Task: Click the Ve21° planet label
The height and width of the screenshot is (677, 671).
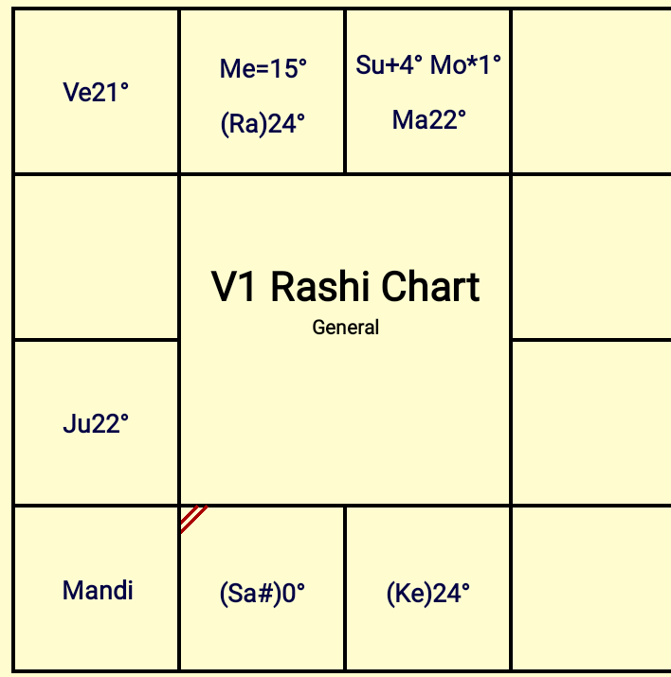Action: [96, 93]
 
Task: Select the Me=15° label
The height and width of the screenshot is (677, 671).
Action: [263, 68]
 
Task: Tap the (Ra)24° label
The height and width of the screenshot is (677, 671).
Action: [263, 124]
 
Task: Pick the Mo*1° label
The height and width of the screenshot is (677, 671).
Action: [465, 65]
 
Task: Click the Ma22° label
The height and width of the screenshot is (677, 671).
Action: [429, 119]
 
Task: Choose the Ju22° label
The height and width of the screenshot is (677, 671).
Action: [96, 423]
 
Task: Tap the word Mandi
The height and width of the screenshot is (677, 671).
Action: [98, 590]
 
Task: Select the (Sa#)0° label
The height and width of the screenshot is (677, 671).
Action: [263, 594]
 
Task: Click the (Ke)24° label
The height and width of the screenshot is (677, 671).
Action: [428, 594]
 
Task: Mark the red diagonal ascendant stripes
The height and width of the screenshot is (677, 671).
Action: [193, 519]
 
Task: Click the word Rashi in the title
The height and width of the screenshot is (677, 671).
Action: [320, 287]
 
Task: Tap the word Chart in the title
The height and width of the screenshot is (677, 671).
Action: [431, 287]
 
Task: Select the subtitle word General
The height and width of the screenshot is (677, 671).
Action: [346, 328]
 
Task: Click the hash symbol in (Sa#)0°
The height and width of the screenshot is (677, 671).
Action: [266, 593]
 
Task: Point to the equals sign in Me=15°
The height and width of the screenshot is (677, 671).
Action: [253, 69]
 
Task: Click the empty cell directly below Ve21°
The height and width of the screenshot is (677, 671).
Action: [97, 258]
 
